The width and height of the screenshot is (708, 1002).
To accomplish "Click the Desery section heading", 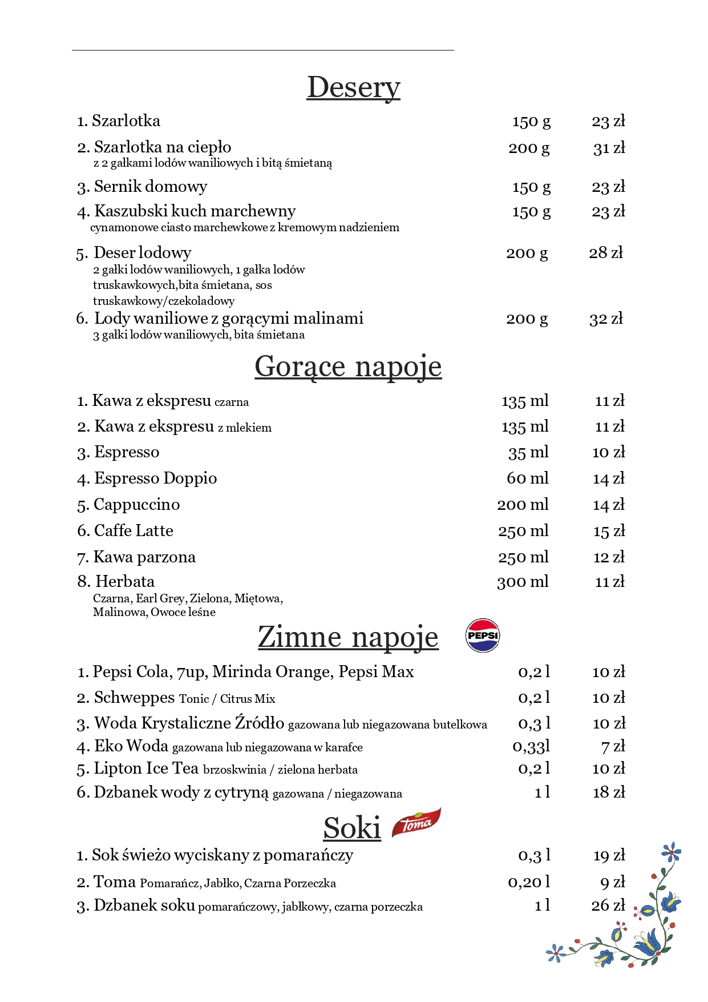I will point(353,88).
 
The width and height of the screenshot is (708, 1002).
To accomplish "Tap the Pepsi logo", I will point(483,635).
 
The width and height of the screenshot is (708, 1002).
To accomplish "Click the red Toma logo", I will point(416,823).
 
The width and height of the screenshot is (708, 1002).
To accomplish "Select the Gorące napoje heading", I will point(348,367).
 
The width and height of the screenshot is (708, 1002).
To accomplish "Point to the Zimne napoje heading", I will point(348,637).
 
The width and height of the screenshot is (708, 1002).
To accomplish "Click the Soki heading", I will point(352,828).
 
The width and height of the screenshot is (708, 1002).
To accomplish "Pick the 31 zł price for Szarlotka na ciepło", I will point(609,148).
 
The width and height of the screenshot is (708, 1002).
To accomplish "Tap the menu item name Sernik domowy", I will point(150,187).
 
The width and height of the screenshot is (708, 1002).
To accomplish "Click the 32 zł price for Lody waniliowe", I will point(606,319).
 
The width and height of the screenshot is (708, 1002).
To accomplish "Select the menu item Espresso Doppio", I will point(155,478).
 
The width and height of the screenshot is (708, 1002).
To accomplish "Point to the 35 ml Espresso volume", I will point(528,453).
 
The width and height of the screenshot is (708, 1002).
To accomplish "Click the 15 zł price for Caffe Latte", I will point(609,532).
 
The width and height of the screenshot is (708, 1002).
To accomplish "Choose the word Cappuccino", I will point(136,505).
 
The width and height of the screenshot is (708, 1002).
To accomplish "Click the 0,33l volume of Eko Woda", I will point(531,746).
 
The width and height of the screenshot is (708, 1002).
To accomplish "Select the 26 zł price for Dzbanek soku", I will point(608,906).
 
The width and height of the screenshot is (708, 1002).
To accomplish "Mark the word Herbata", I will point(125,582).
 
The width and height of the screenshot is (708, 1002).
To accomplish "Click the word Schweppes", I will point(134,698).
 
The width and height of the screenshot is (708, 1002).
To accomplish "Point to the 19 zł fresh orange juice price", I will point(609,855).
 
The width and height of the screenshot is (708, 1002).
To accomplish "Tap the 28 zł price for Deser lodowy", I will point(606,253).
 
